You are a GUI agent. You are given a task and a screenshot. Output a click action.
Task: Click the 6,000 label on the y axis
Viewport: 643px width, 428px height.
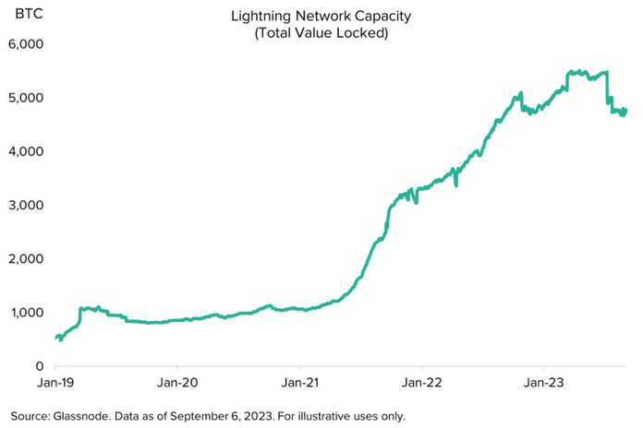pyautogui.click(x=26, y=44)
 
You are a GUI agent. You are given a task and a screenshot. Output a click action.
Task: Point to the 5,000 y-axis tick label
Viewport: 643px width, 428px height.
pyautogui.click(x=26, y=98)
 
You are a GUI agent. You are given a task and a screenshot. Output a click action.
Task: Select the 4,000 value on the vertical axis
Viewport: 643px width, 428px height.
pyautogui.click(x=26, y=151)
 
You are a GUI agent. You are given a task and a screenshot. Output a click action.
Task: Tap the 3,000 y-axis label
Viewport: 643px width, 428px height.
pyautogui.click(x=26, y=205)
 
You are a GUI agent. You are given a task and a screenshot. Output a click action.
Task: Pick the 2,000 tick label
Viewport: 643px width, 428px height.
pyautogui.click(x=26, y=258)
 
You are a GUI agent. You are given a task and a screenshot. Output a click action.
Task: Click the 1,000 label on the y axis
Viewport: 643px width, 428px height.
pyautogui.click(x=27, y=312)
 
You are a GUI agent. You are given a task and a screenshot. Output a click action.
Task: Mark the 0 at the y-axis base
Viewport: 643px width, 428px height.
pyautogui.click(x=40, y=366)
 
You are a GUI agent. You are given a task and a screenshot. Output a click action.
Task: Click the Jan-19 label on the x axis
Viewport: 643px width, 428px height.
pyautogui.click(x=55, y=383)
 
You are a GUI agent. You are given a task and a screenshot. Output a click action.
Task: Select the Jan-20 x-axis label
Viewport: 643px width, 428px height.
pyautogui.click(x=177, y=383)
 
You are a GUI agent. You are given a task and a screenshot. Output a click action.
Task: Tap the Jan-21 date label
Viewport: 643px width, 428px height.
pyautogui.click(x=299, y=383)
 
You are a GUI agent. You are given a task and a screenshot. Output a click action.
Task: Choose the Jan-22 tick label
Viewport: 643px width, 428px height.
pyautogui.click(x=421, y=383)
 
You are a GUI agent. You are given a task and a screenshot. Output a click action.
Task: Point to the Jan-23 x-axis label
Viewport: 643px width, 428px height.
pyautogui.click(x=544, y=383)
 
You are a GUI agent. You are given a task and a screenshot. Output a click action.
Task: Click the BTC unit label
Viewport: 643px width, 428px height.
pyautogui.click(x=29, y=14)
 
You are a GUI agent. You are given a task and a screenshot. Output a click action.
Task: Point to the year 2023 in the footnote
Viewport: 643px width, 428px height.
pyautogui.click(x=259, y=416)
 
